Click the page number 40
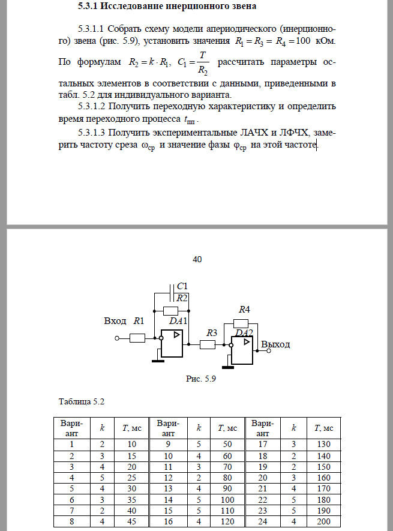[197, 259]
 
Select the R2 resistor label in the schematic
[182, 298]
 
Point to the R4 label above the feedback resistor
[244, 310]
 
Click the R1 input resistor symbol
[137, 338]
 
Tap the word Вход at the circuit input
[115, 321]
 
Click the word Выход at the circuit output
[275, 344]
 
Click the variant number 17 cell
[262, 444]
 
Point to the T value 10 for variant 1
[132, 444]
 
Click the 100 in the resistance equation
[303, 41]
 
